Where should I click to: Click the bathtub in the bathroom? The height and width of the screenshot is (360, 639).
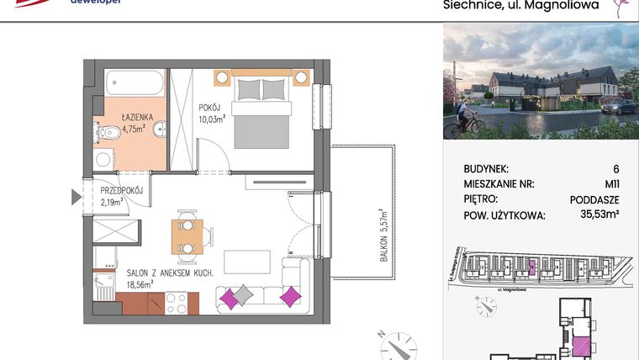pos(135,84)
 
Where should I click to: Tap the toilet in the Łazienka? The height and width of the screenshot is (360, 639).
pos(105,133)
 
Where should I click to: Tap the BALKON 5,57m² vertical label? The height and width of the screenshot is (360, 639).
pos(383,236)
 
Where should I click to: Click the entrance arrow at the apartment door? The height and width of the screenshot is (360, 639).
pos(75,199)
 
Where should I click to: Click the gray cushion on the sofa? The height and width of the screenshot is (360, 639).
pos(243,294)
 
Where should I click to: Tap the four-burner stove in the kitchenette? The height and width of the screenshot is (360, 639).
pos(176,303)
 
